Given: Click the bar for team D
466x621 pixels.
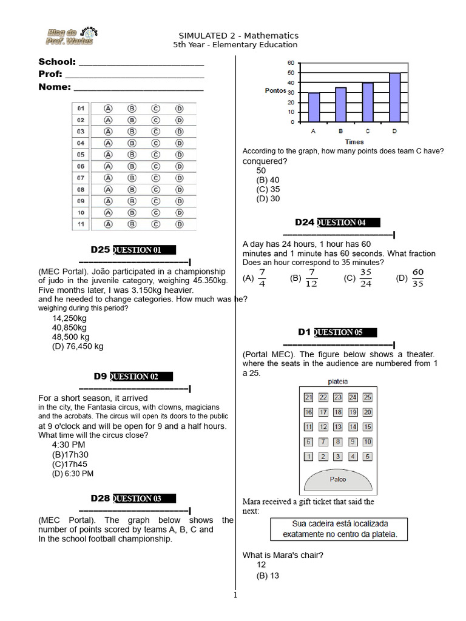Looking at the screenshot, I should coord(394,98).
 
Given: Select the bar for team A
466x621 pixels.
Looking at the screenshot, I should coord(314,107).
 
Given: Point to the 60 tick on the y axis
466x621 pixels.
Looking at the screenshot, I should coord(291,63).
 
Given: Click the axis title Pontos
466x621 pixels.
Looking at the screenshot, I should coord(275,90).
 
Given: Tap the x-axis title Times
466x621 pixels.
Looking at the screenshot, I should coord(354,141).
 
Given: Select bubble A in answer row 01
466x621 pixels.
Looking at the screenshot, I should coord(109,108).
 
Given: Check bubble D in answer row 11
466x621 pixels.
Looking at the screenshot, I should coord(179,224).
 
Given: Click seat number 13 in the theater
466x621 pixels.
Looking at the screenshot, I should coord(338,427).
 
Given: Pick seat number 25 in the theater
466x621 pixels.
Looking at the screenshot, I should coord(367,397).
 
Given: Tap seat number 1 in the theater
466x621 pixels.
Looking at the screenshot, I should coord(309,457).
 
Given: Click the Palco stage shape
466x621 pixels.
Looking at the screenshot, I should coord(338,480).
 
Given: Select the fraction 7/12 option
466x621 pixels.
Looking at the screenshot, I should coord(311,278).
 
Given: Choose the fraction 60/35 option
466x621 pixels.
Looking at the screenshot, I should coord(417,278).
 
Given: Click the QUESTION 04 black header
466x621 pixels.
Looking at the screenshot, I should coord(348,223).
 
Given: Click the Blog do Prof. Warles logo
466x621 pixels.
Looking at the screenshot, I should coord(72,36).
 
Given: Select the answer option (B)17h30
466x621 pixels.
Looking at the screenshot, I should coord(70,454).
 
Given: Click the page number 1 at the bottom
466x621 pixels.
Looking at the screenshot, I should coord(235,595).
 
